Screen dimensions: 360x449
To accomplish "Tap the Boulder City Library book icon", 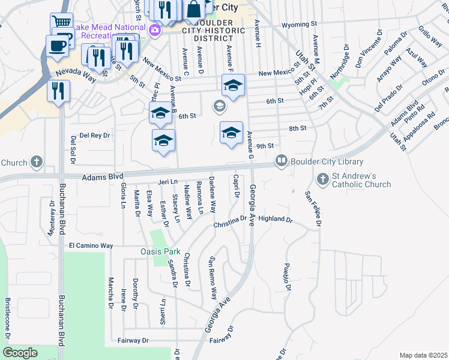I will point(281,161).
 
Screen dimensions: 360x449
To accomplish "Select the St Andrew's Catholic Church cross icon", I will point(322,179).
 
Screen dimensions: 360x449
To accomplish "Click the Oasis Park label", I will point(161,251).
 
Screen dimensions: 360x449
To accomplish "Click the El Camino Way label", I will point(91,245).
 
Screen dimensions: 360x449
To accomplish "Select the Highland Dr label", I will point(275,220).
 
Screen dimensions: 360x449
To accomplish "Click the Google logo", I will point(20,353).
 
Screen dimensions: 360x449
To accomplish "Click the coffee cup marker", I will point(58,46).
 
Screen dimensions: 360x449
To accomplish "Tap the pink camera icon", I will point(155,30).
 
